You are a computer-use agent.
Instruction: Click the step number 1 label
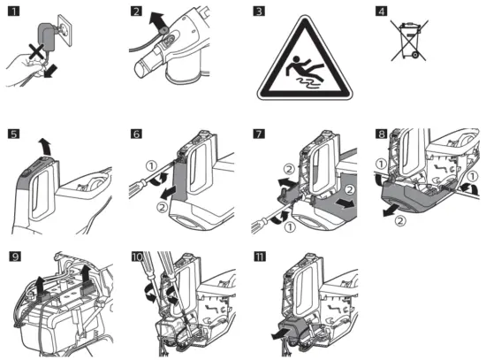[13, 11]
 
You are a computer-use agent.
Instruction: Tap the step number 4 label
[381, 11]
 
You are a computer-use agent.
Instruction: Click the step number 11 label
[260, 257]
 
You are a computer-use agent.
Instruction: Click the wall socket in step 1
[65, 30]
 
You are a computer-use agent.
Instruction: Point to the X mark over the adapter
[36, 51]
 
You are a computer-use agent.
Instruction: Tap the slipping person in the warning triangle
[302, 69]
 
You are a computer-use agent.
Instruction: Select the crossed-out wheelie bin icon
[409, 40]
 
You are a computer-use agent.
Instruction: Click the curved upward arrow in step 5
[44, 147]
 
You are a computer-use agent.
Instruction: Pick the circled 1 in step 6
[152, 166]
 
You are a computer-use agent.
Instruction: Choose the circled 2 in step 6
[163, 207]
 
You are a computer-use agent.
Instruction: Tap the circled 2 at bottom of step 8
[400, 221]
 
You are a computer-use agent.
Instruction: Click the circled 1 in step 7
[290, 227]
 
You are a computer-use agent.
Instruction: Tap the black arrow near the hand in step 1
[50, 71]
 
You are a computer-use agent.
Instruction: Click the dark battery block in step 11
[295, 330]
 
